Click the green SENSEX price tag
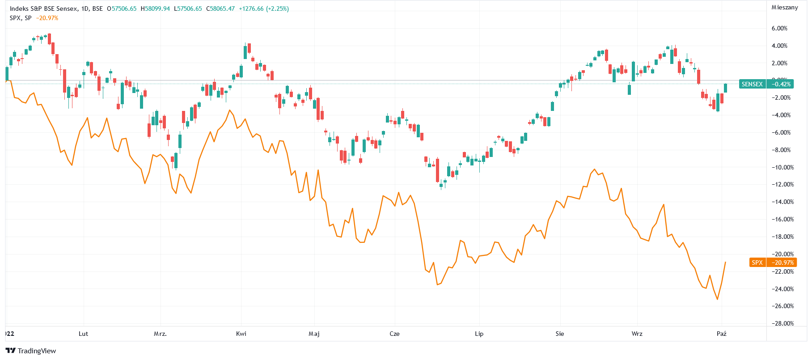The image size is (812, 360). pyautogui.click(x=752, y=84)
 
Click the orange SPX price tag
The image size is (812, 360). pyautogui.click(x=757, y=263)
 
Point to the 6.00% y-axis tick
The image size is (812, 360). pyautogui.click(x=779, y=28)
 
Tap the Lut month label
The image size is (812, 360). pyautogui.click(x=83, y=334)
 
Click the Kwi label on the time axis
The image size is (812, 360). pyautogui.click(x=241, y=334)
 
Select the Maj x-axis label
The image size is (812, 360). pyautogui.click(x=314, y=334)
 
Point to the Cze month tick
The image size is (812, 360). pyautogui.click(x=394, y=334)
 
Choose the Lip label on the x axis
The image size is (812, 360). pyautogui.click(x=479, y=334)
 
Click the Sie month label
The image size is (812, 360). pyautogui.click(x=559, y=334)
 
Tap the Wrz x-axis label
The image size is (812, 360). pyautogui.click(x=637, y=334)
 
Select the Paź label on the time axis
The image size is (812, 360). pyautogui.click(x=721, y=334)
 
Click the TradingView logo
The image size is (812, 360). pyautogui.click(x=31, y=351)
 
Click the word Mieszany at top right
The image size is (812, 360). pyautogui.click(x=785, y=7)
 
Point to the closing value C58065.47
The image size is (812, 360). pyautogui.click(x=220, y=8)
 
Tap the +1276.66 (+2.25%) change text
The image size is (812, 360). pyautogui.click(x=264, y=8)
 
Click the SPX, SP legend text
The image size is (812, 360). pyautogui.click(x=21, y=18)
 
